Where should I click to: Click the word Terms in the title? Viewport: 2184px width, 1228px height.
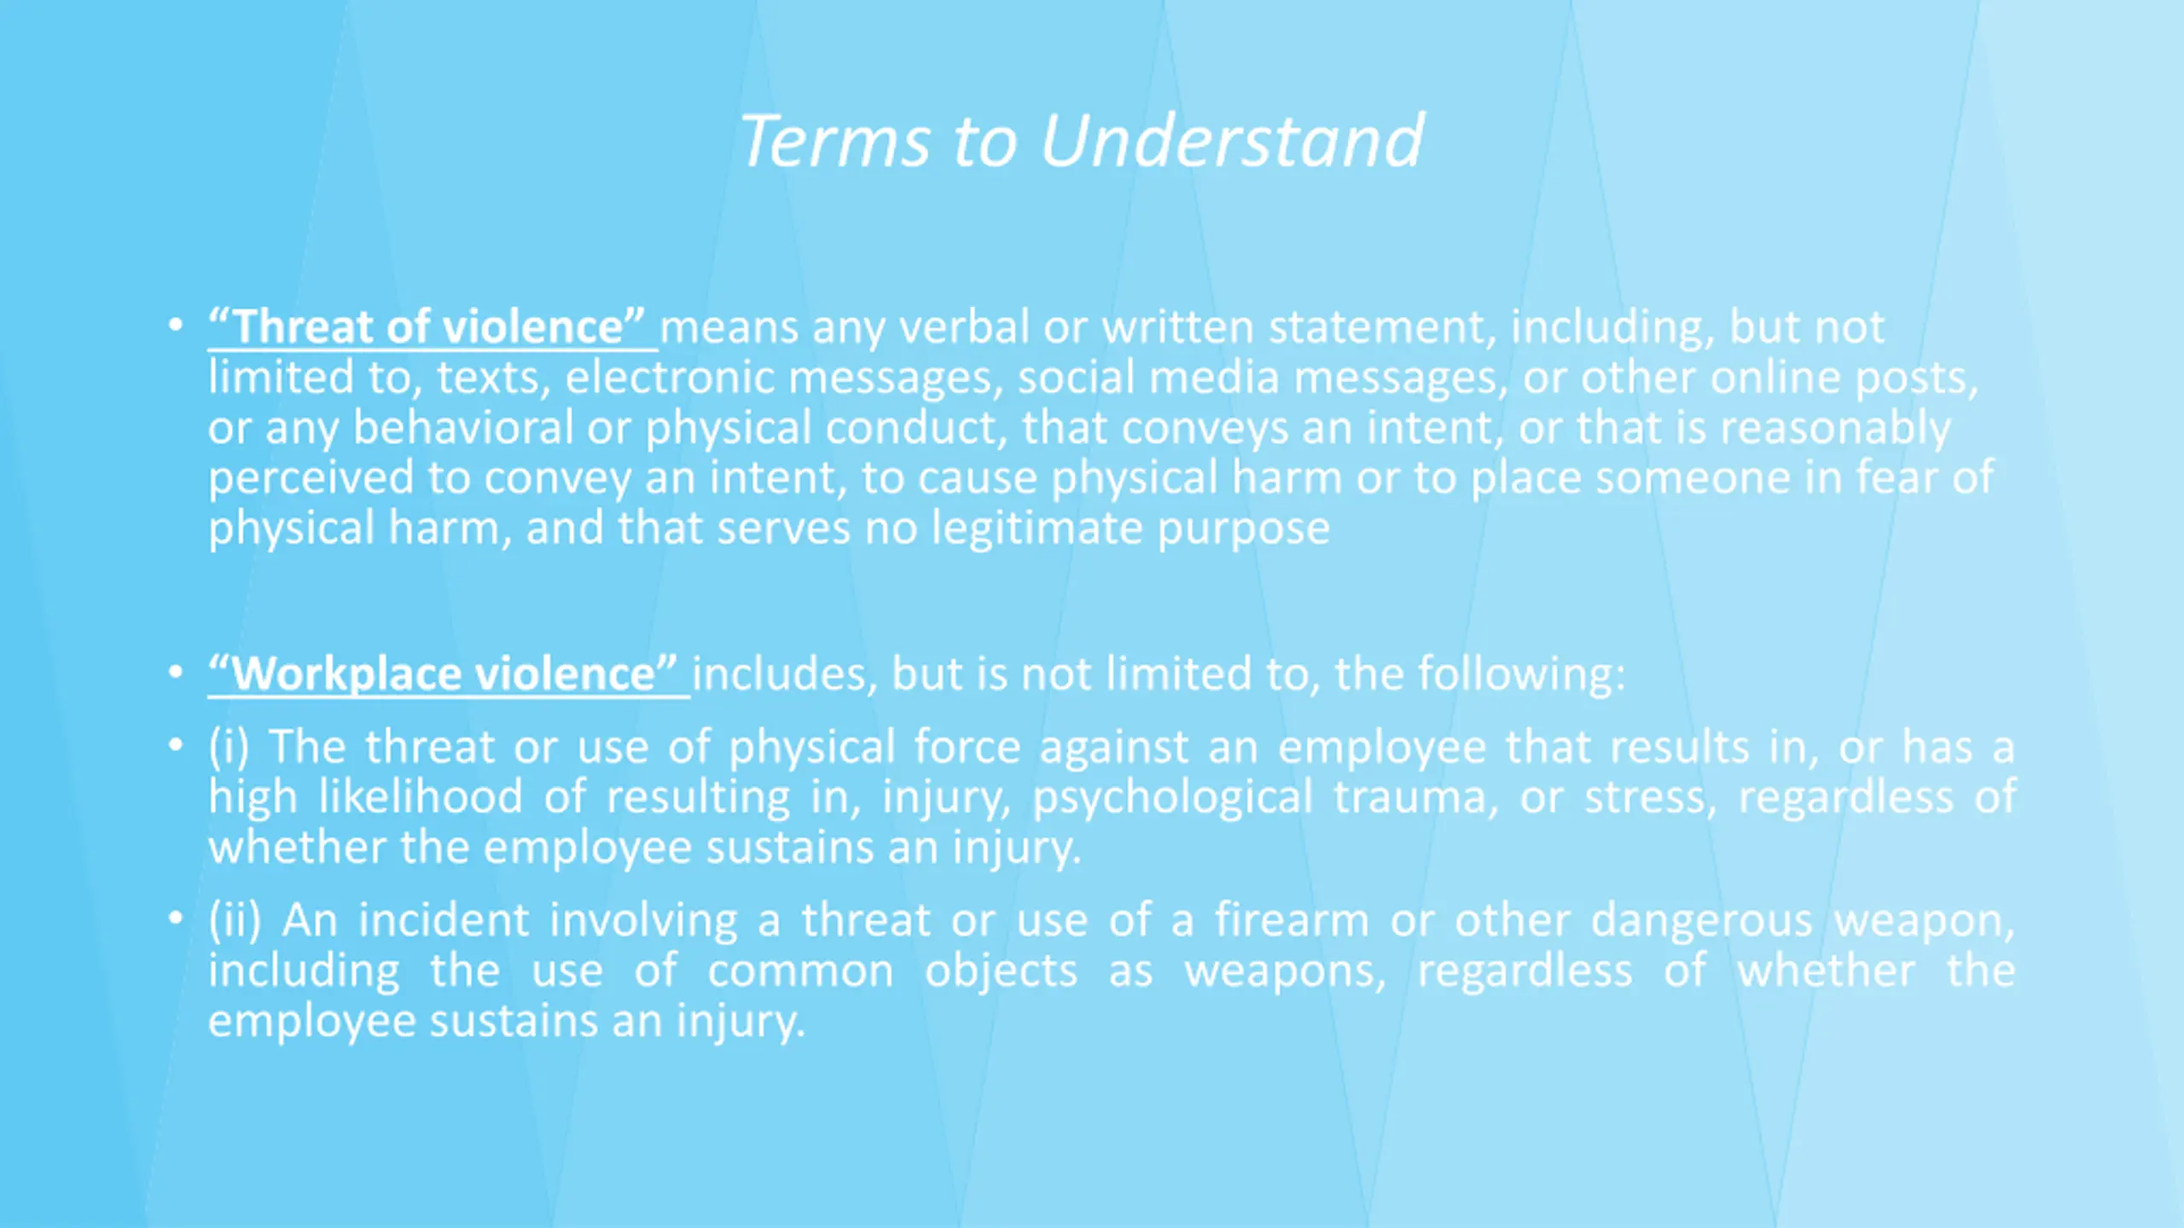coord(835,141)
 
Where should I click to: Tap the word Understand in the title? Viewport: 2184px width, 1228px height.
coord(1232,141)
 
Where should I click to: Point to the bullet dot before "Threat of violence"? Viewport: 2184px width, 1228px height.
coord(176,325)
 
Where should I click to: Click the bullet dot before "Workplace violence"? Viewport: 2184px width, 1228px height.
coord(176,672)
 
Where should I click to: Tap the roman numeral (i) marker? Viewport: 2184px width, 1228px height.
coord(229,747)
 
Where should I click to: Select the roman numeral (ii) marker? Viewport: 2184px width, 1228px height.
coord(235,920)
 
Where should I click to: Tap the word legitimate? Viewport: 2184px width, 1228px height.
coord(1037,530)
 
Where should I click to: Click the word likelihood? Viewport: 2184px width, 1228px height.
coord(421,796)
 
